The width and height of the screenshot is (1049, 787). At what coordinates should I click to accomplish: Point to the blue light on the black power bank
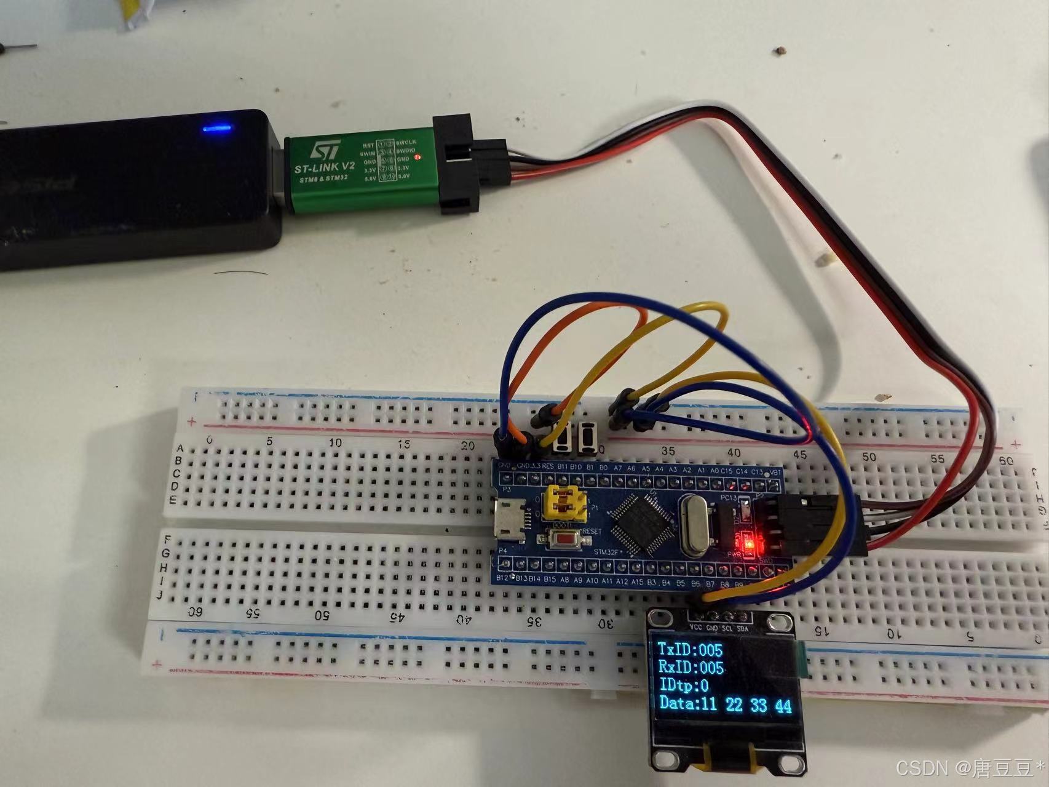click(216, 129)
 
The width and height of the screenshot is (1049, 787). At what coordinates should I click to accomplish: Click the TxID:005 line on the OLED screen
click(690, 649)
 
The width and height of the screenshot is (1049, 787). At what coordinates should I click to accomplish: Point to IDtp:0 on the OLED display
click(683, 685)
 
